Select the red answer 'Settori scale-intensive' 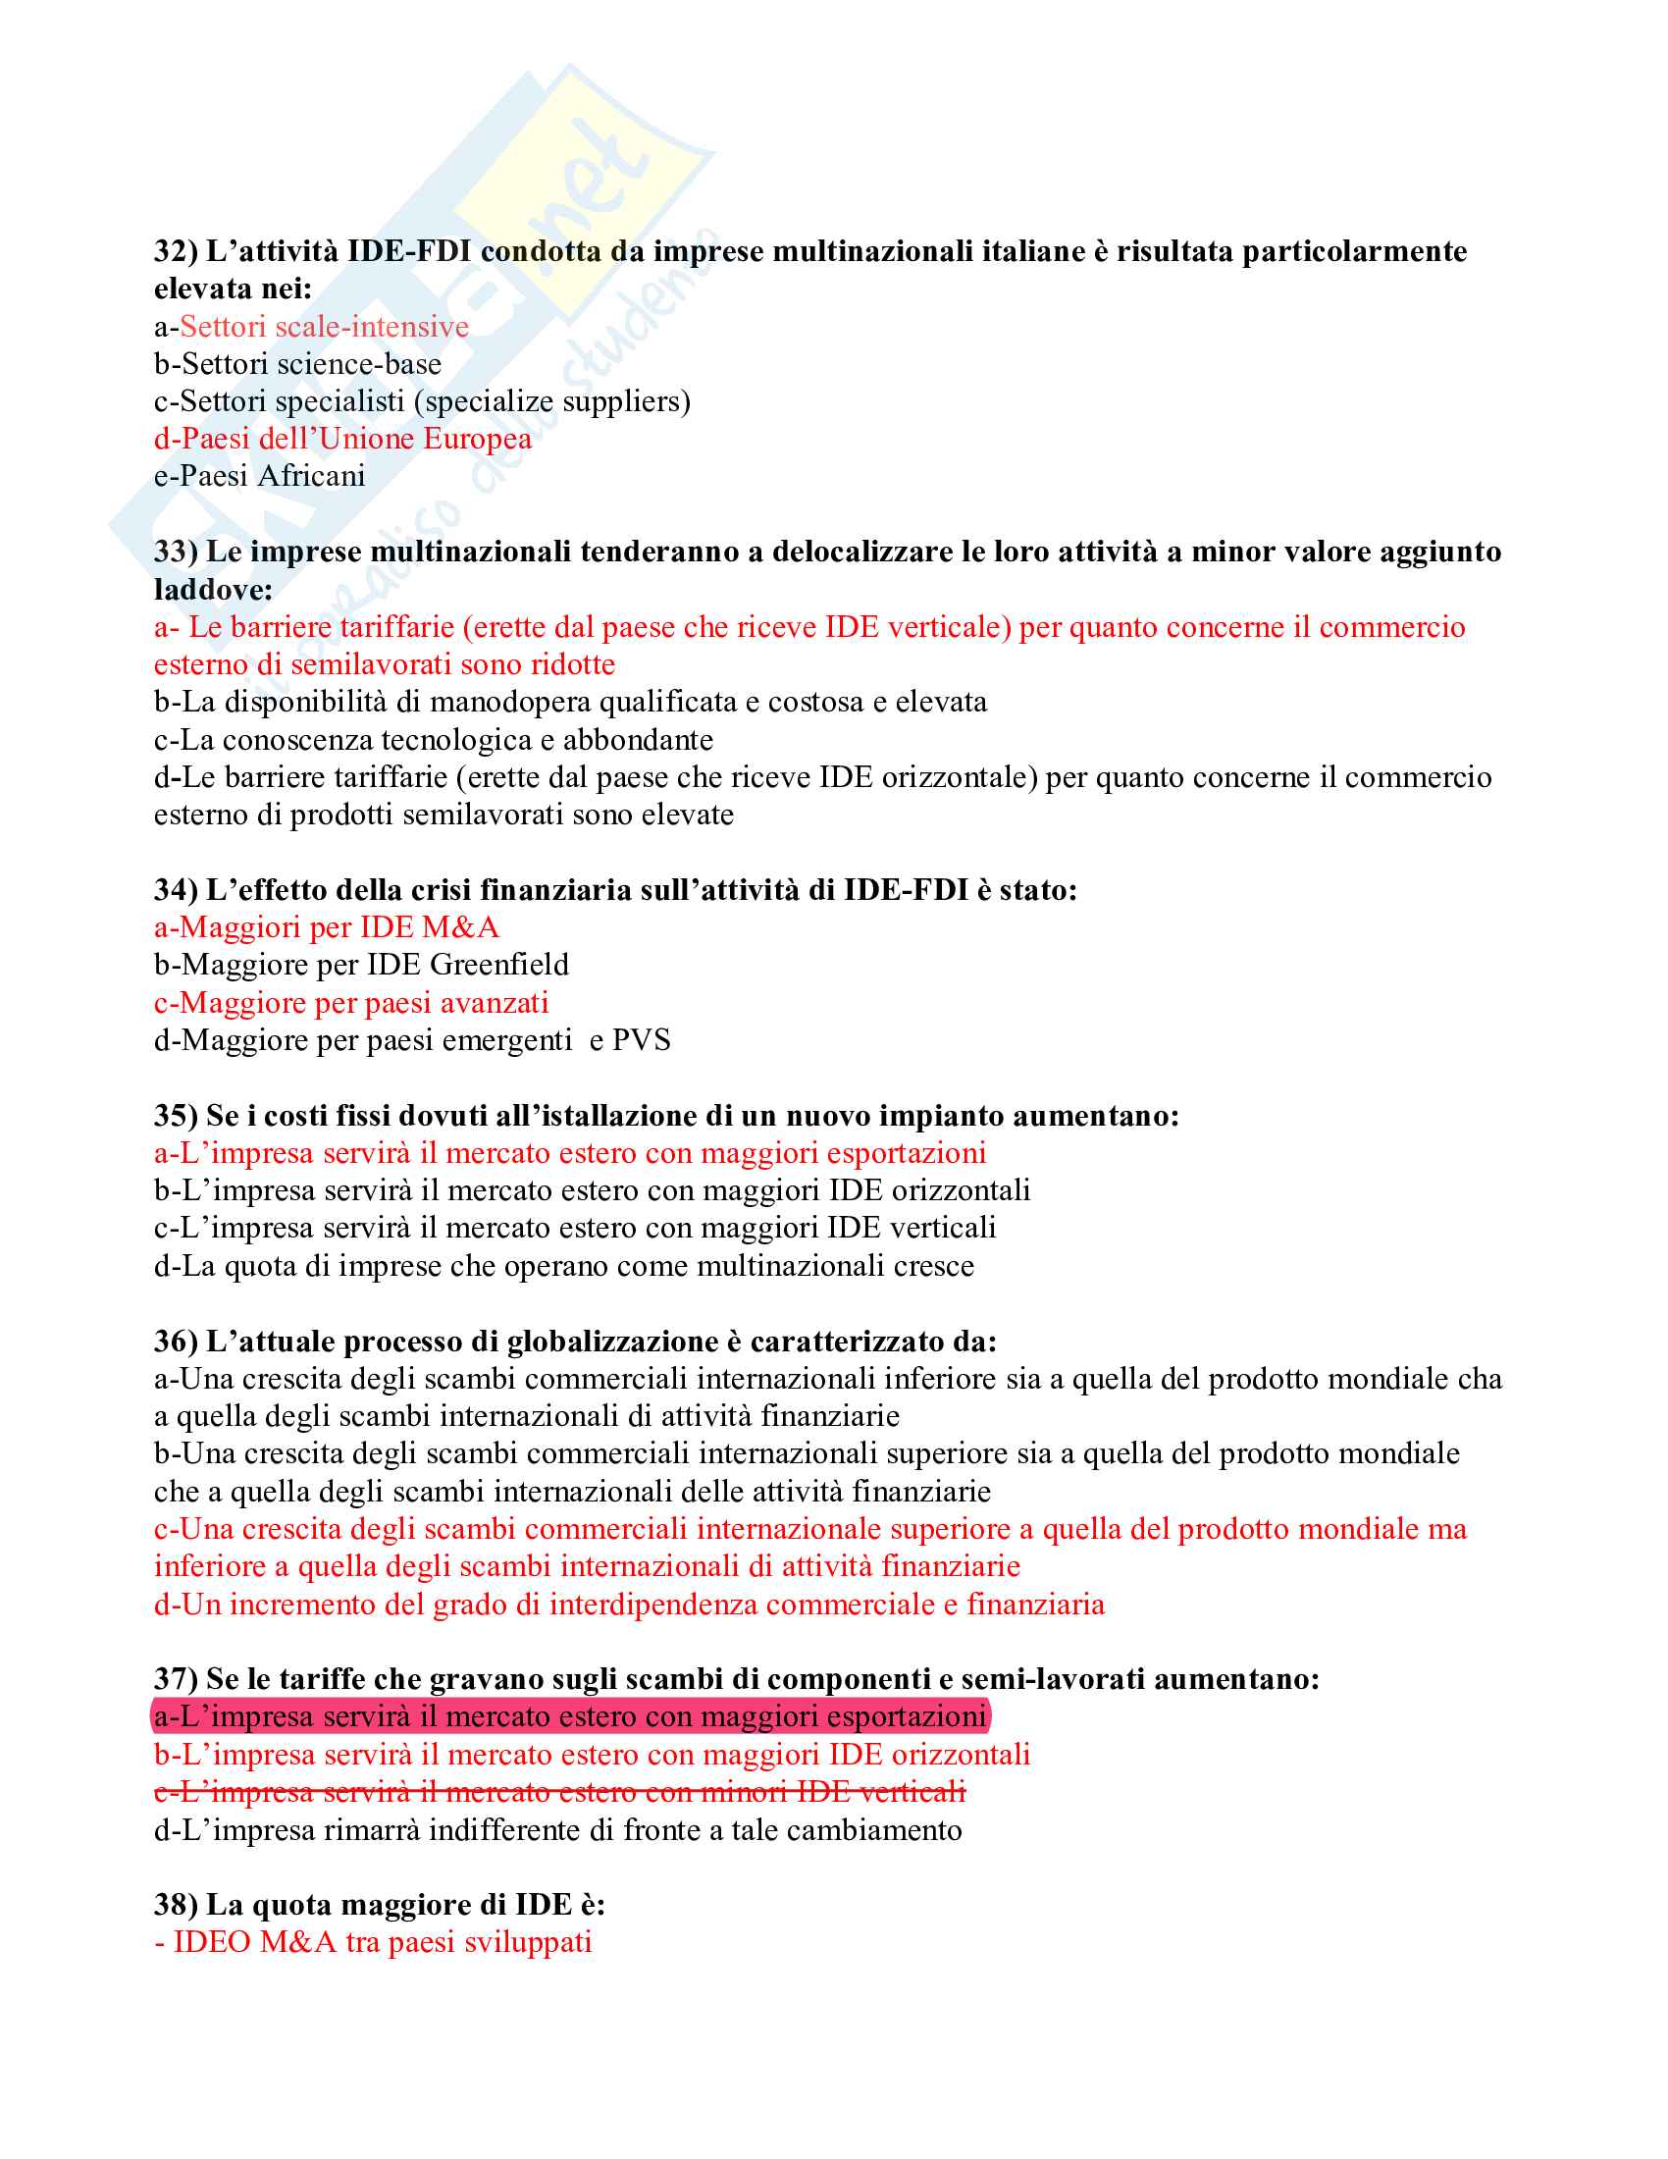tap(324, 327)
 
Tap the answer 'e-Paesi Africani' tap(260, 477)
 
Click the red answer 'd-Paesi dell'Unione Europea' tap(342, 439)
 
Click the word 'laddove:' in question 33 tap(214, 590)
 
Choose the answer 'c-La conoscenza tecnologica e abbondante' tap(433, 740)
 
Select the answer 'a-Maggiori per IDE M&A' tap(326, 927)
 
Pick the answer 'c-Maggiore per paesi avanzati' tap(351, 1003)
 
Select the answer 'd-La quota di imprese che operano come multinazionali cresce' tap(563, 1266)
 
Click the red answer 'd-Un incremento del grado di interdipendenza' tap(629, 1605)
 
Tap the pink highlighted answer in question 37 tap(569, 1717)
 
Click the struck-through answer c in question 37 tap(559, 1792)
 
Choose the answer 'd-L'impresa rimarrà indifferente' tap(557, 1831)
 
